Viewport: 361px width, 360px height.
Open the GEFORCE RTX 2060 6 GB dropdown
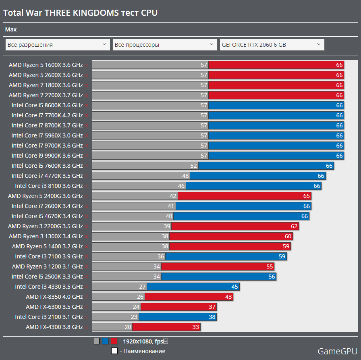(x=272, y=44)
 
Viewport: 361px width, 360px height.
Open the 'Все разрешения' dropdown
(x=58, y=44)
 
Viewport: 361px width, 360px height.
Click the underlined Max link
(x=11, y=29)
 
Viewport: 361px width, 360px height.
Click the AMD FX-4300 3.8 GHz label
(x=54, y=327)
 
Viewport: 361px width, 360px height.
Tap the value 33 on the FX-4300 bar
(x=196, y=327)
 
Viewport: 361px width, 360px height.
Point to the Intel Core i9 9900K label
(x=47, y=156)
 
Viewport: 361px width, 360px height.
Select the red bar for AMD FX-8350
(x=189, y=297)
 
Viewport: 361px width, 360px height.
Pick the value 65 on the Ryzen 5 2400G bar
(x=307, y=196)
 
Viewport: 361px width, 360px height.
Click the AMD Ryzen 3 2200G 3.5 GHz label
(x=45, y=226)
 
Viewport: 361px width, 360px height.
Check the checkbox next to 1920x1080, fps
(x=166, y=341)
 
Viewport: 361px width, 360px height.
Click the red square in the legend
(x=114, y=341)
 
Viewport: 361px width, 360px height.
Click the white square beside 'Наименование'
(x=114, y=351)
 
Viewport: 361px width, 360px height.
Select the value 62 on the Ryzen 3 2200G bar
(x=294, y=226)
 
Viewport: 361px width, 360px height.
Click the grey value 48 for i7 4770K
(x=185, y=176)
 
